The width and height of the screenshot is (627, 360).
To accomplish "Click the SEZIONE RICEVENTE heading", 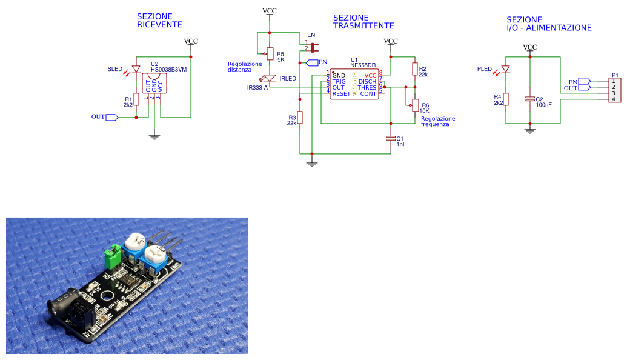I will coord(159,21).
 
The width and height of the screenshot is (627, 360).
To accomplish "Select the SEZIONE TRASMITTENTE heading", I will coord(363,22).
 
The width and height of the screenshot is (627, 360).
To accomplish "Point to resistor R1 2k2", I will coord(137,99).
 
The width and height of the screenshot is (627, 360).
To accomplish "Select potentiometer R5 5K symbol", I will coord(270,55).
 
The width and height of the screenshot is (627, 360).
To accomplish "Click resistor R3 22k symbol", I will coord(300,118).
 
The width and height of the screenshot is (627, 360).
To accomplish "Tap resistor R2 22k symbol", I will coord(415,69).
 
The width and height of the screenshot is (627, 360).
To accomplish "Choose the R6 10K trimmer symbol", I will coord(415,105).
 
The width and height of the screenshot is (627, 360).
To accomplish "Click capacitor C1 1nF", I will coord(391,139).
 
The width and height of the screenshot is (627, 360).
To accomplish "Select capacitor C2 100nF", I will coord(530,98).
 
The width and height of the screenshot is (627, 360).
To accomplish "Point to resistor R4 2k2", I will coord(506,99).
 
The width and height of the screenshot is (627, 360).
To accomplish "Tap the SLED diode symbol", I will coord(136,69).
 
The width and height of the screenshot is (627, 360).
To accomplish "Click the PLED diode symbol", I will coord(506,69).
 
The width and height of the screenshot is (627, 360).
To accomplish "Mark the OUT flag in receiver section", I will coord(111,117).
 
